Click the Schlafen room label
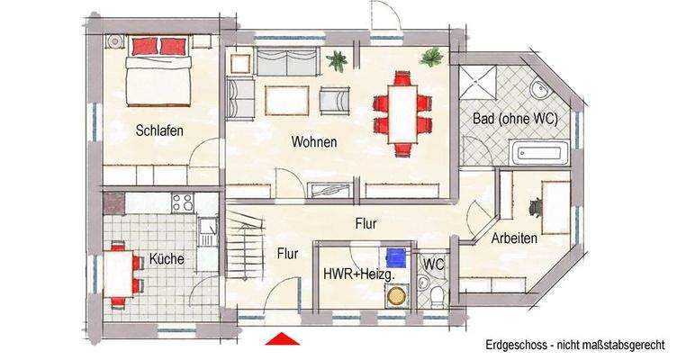point(159,130)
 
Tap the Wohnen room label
point(313,142)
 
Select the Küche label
point(167,259)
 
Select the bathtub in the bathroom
point(540,154)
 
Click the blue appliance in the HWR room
point(393,256)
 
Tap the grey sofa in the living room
point(287,63)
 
